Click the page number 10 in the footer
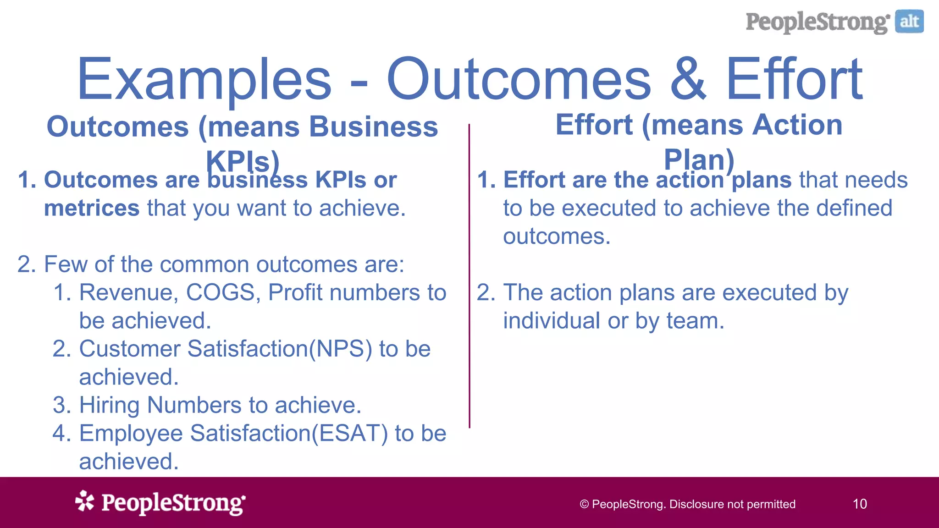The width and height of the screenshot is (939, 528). point(860,504)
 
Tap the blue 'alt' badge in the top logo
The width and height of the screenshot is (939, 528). point(909,22)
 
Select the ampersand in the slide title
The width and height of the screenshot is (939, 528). point(688,79)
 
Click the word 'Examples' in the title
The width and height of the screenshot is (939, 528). point(204,79)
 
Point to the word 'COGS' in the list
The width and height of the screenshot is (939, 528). point(221,292)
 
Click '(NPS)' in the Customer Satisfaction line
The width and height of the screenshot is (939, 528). point(341,349)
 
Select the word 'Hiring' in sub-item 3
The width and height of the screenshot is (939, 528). point(109,405)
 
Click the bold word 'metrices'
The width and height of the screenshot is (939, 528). point(91,208)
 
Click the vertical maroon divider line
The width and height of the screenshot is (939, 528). point(469,275)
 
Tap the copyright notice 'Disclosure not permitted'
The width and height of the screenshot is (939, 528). point(732,504)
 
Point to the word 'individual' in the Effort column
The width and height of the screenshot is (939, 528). point(552,321)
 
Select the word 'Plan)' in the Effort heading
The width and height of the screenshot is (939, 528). point(699,159)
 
